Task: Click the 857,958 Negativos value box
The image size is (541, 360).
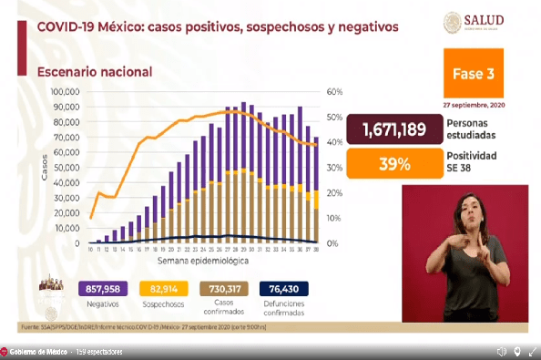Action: [100, 288]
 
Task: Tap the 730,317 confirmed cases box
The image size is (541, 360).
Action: [224, 288]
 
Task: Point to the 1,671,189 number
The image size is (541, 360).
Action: [393, 130]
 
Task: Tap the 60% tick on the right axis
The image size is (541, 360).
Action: [334, 92]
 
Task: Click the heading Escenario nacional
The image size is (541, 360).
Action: [95, 70]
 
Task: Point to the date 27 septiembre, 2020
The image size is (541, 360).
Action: [486, 105]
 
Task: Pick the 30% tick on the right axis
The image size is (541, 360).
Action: [334, 168]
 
